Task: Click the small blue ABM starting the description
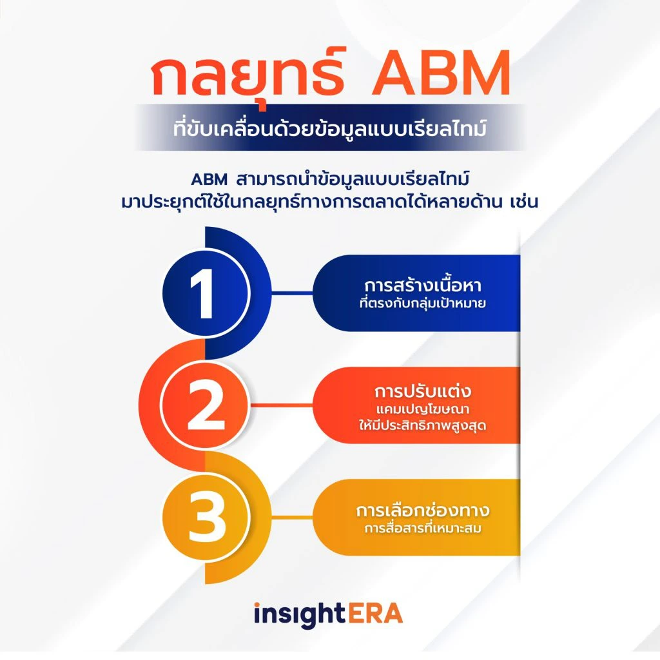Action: tap(209, 180)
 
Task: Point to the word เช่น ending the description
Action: tap(523, 201)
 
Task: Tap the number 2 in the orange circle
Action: tap(206, 405)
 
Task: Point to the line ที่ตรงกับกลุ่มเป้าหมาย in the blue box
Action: tap(423, 303)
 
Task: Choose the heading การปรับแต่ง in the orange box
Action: tap(423, 391)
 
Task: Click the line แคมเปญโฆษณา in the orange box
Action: tap(423, 409)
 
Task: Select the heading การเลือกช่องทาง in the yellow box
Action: tap(423, 510)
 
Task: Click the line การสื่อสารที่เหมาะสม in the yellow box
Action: tap(423, 528)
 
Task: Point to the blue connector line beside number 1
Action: tap(292, 292)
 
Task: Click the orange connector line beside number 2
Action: tap(282, 405)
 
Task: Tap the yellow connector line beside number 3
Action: tap(292, 516)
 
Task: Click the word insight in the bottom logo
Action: tap(300, 614)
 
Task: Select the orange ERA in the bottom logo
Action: tap(376, 613)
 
